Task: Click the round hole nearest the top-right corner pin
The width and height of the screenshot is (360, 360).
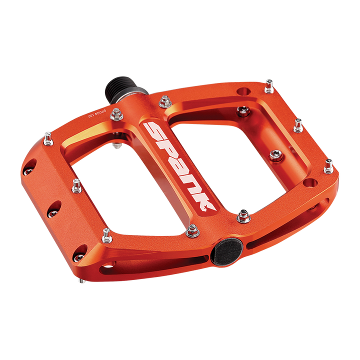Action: coord(243,91)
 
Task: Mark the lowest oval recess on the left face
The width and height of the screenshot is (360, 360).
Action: coord(79,257)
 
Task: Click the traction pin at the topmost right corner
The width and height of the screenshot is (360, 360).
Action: coord(269,83)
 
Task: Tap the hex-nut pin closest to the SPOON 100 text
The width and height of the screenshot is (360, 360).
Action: coord(116,113)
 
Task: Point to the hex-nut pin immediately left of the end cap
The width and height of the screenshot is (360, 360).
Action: coord(192,231)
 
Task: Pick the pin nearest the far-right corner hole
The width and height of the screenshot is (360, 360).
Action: coord(328,165)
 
